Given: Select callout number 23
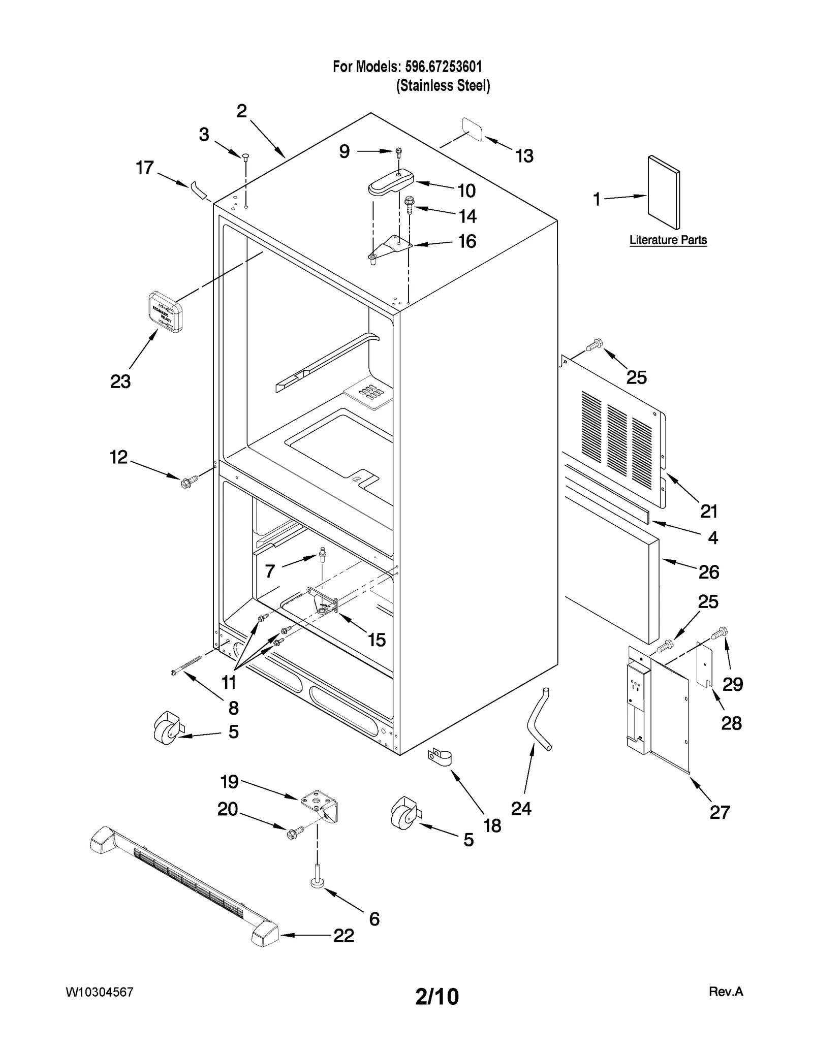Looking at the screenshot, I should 120,381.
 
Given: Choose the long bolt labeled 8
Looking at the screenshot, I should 187,664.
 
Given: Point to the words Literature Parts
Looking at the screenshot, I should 668,240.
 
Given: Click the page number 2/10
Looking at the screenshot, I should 436,997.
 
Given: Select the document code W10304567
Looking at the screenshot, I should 100,992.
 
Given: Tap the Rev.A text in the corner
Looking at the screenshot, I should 726,992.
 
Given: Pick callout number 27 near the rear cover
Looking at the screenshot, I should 720,812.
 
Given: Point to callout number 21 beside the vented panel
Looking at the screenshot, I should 709,511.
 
